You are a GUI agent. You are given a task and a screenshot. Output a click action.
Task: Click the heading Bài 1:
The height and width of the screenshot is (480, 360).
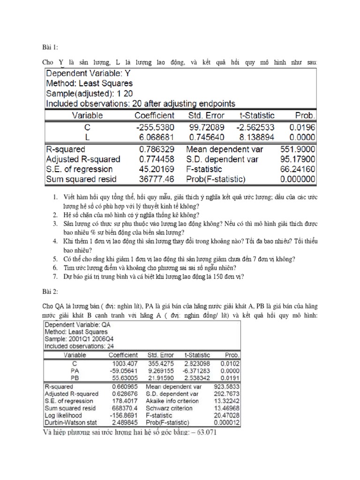click(x=50, y=47)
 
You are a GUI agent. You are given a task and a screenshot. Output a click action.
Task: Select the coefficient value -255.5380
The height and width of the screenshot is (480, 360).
click(x=154, y=127)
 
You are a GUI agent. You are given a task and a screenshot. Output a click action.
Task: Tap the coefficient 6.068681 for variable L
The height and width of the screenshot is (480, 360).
click(x=155, y=137)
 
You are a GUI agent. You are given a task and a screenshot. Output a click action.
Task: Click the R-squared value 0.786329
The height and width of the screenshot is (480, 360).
click(x=149, y=150)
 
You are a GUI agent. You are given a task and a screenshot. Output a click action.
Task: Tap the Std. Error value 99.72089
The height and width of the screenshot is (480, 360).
click(x=207, y=127)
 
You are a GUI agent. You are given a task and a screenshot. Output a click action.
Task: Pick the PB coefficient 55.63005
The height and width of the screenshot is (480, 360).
click(x=124, y=377)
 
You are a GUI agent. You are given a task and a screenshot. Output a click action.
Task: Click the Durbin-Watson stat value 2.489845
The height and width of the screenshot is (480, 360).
click(x=124, y=422)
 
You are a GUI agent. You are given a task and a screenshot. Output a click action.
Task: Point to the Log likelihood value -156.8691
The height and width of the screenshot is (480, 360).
click(x=123, y=415)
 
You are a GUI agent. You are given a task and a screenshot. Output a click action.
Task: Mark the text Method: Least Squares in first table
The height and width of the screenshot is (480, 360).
click(x=89, y=83)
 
